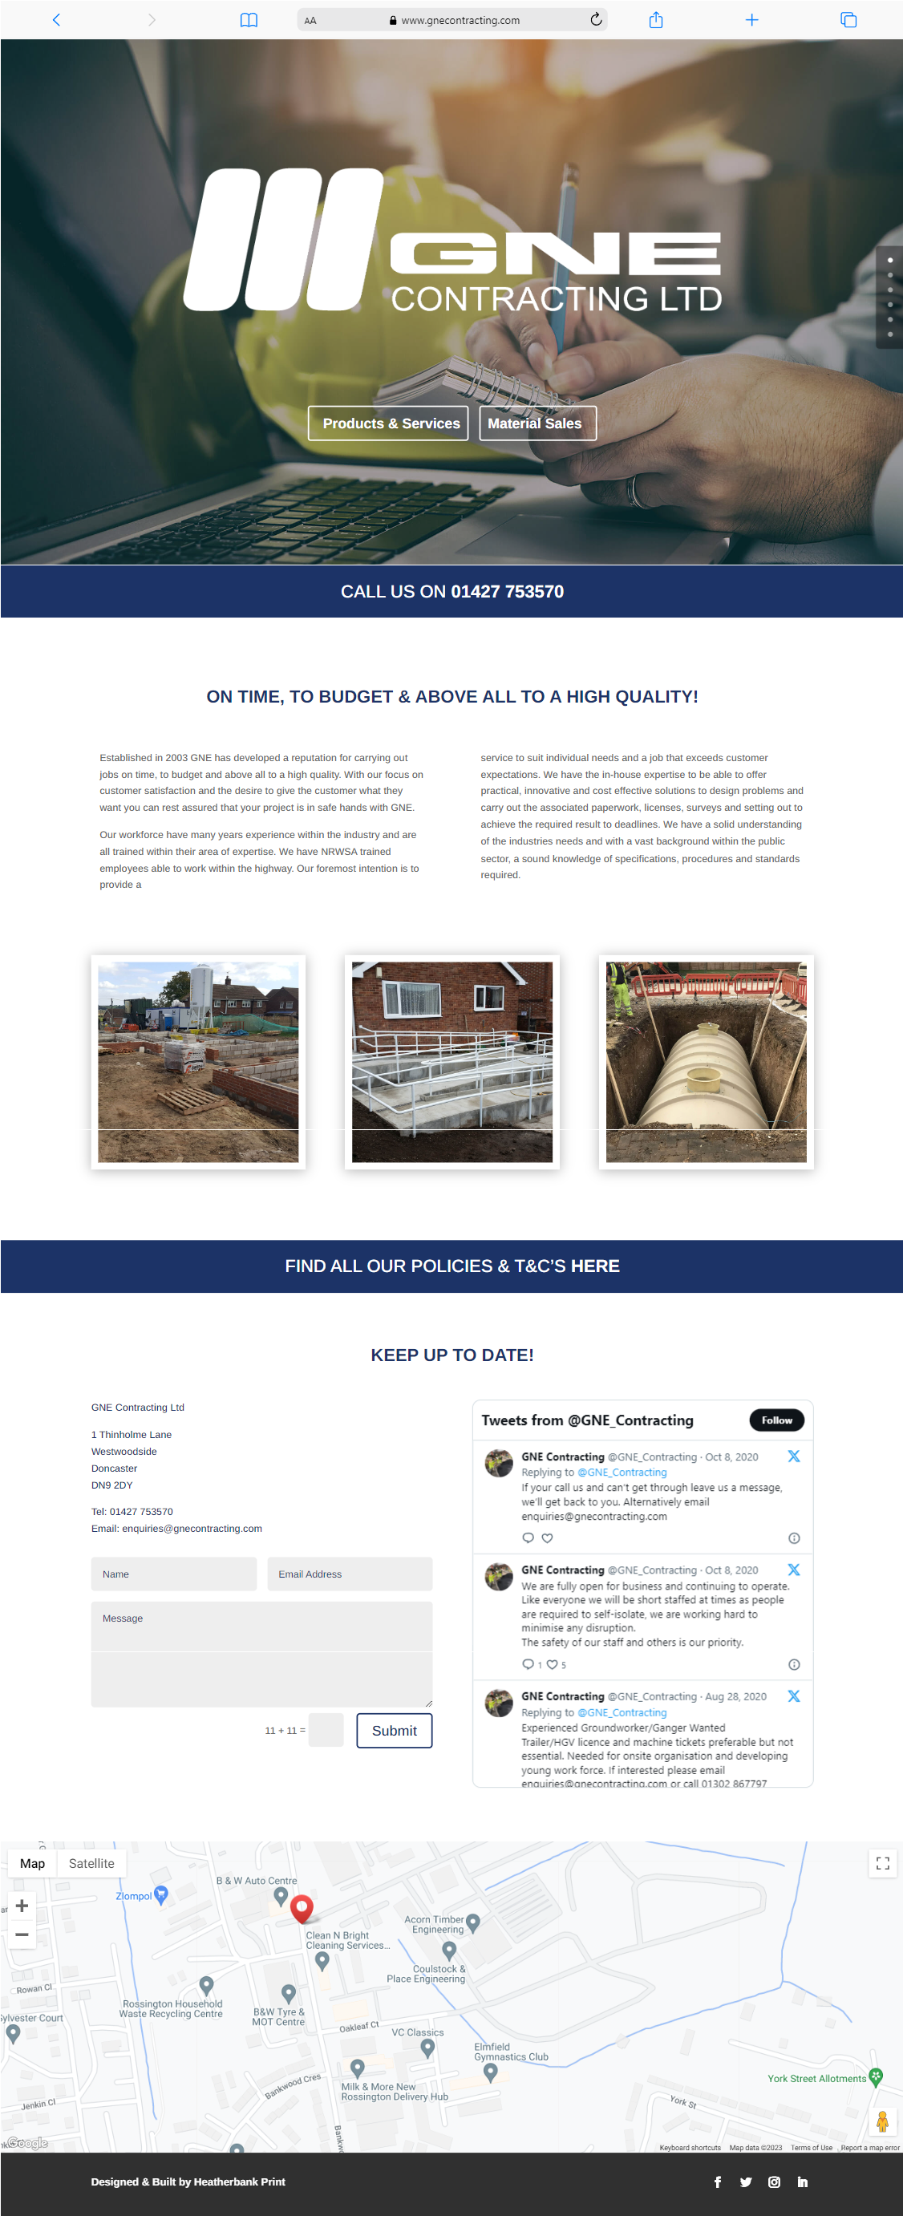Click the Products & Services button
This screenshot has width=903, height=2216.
pos(389,423)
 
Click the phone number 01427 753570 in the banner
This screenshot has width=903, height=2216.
pos(508,591)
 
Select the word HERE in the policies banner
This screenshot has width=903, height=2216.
pos(594,1266)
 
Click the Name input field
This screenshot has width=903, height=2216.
pos(174,1574)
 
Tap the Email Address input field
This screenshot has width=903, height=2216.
pos(349,1574)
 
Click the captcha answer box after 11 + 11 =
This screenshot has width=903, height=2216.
pos(326,1730)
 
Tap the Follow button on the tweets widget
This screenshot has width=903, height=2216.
pos(775,1420)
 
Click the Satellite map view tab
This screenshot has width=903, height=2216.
pos(91,1863)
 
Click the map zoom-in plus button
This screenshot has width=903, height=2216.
pos(22,1906)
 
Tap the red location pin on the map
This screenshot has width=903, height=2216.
pos(302,1907)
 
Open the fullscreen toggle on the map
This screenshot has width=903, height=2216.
pos(882,1863)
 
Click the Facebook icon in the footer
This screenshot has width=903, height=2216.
pos(717,2182)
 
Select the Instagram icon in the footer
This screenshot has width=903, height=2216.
pos(774,2182)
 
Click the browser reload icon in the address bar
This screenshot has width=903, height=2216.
pos(595,20)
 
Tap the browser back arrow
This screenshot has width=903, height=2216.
pos(57,20)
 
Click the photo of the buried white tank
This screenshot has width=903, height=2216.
pos(706,1062)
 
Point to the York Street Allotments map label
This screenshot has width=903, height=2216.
pos(816,2078)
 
